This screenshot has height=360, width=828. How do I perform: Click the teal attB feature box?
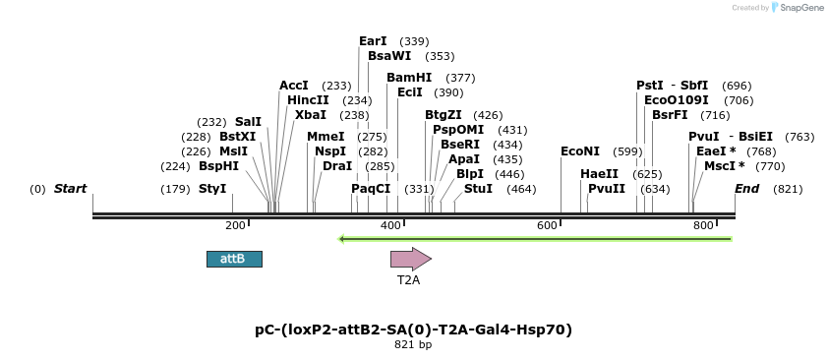pos(234,259)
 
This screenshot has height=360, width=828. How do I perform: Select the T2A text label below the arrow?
pos(408,280)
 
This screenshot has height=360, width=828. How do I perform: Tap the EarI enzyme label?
pos(373,41)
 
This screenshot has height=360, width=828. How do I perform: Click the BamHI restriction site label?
pos(409,78)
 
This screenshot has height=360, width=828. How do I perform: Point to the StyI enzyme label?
pos(212,189)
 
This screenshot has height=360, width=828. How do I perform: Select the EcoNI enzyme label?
pos(579,151)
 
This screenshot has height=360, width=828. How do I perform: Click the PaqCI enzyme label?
pos(371,189)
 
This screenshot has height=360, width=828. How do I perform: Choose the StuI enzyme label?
pos(478,189)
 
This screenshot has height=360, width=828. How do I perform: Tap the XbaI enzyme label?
pos(310,115)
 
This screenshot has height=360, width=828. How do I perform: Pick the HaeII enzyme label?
pos(599,174)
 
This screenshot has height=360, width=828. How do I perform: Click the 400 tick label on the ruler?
pos(390,226)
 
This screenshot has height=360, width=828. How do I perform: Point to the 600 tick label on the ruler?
pos(547,226)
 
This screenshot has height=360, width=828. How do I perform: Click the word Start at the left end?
pos(70,189)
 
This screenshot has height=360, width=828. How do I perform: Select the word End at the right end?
pos(746,189)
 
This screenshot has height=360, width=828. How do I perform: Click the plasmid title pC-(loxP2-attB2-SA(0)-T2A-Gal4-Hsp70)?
pos(413,330)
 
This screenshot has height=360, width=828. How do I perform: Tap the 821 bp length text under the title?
pos(413,345)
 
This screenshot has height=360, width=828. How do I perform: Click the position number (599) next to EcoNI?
pos(627,151)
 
